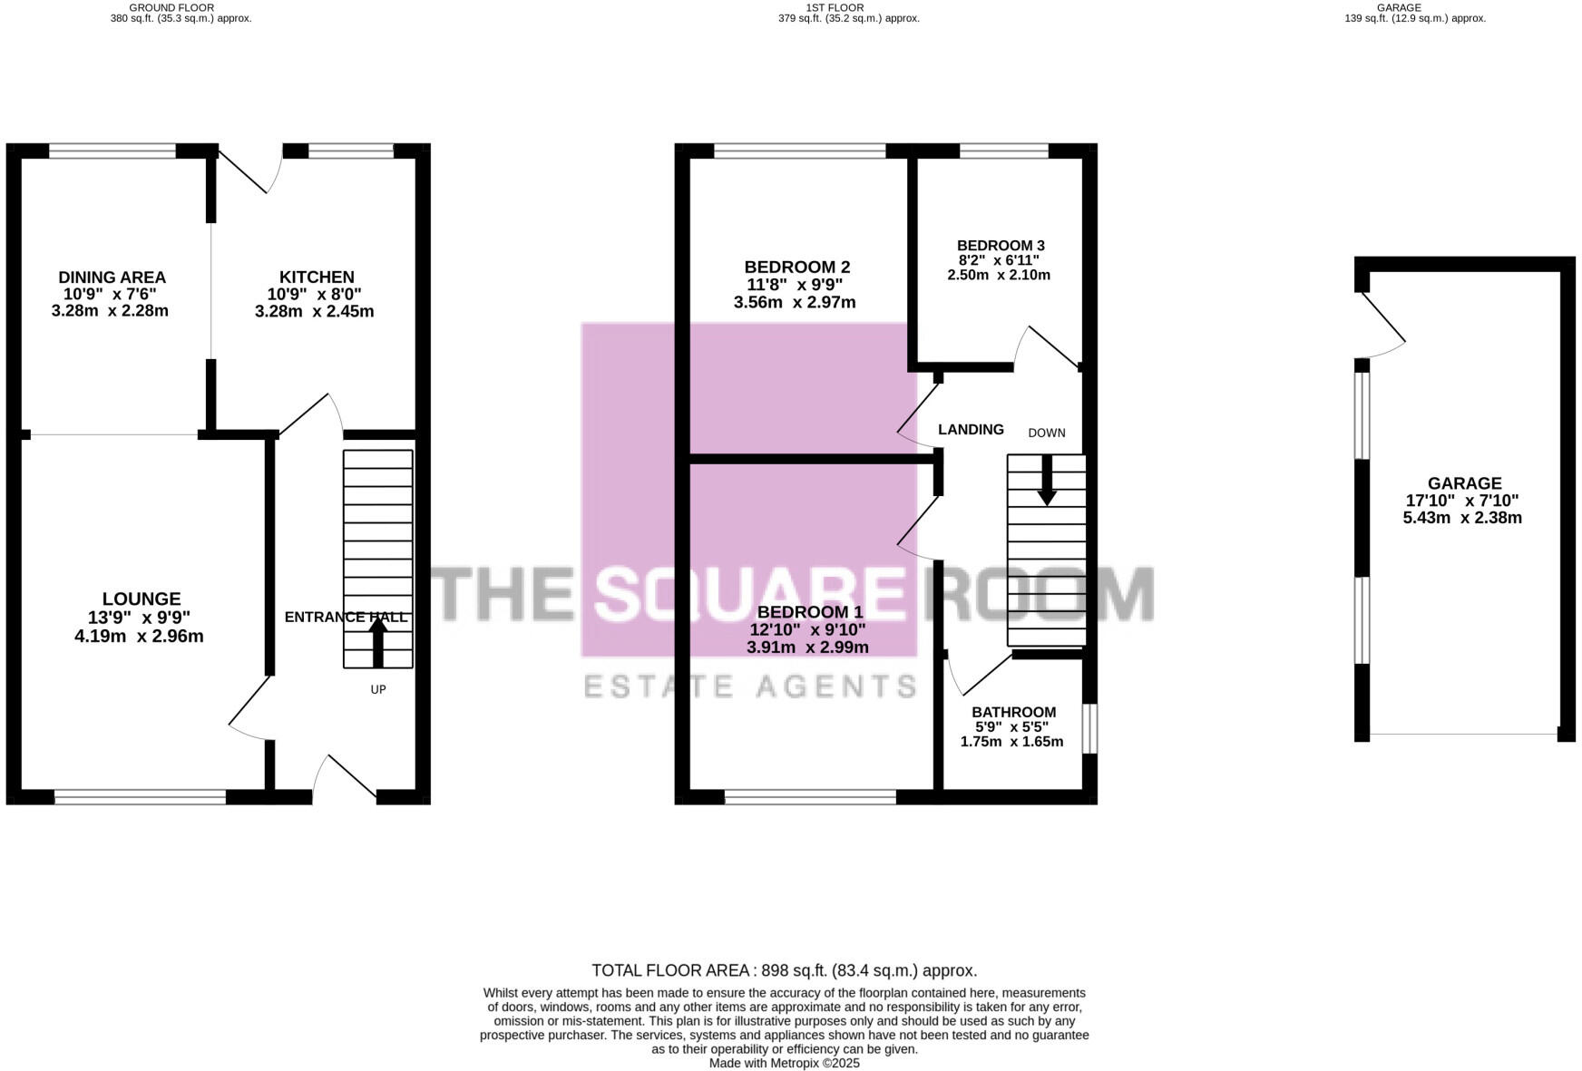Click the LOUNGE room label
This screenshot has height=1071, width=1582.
[142, 599]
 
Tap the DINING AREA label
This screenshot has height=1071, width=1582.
[112, 277]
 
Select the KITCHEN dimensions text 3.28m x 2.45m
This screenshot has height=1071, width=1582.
[314, 312]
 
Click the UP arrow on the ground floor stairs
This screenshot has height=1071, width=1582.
[378, 643]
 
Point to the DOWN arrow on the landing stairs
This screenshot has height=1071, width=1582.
[1047, 480]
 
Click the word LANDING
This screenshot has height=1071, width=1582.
[971, 430]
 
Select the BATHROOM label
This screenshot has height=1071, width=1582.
[1013, 713]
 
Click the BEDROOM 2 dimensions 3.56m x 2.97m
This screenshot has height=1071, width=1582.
[795, 303]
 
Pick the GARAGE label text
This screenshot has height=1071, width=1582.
[1464, 484]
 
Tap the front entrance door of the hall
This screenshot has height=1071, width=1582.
[344, 778]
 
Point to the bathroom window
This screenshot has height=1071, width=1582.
[1090, 728]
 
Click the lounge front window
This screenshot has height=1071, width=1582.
[140, 797]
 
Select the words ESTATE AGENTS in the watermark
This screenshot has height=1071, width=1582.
[749, 686]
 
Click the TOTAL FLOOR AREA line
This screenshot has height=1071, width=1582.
[784, 970]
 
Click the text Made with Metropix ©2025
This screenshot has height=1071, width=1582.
[784, 1063]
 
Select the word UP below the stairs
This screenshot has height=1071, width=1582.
[378, 690]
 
